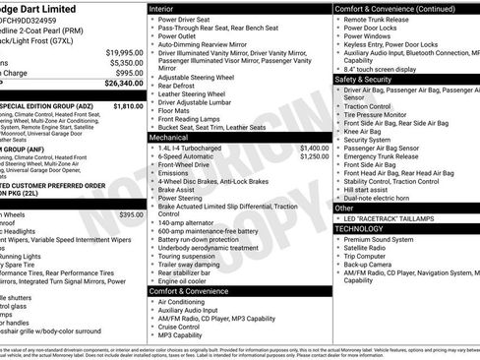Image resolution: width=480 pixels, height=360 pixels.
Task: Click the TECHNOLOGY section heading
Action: click(x=366, y=227)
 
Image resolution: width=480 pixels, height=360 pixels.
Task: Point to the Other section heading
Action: click(x=345, y=208)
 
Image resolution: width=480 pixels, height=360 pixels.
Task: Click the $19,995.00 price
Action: click(x=124, y=51)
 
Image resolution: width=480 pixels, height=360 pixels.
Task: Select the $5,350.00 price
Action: click(x=126, y=61)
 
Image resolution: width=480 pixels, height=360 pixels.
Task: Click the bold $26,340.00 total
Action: click(x=123, y=83)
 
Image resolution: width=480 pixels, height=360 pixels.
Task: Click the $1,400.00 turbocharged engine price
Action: click(x=314, y=147)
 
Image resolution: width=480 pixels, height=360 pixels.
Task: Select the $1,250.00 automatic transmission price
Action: click(x=314, y=155)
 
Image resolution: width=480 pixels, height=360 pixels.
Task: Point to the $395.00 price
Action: click(x=131, y=213)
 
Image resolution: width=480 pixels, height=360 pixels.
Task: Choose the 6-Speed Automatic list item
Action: click(x=191, y=155)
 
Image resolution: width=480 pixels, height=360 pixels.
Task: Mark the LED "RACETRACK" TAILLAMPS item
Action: click(x=391, y=217)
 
